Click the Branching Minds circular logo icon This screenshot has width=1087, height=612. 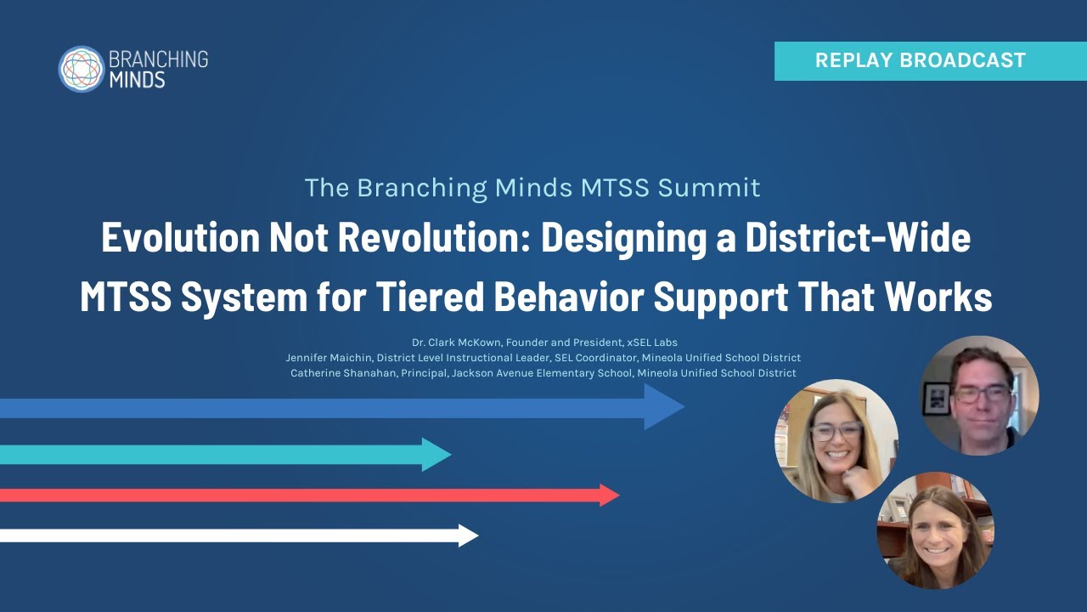click(x=81, y=69)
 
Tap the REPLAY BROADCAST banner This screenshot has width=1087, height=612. click(x=930, y=60)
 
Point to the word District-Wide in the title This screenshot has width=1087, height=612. click(x=858, y=238)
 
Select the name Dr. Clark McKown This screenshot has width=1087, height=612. click(x=457, y=343)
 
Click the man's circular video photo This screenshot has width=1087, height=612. click(x=979, y=395)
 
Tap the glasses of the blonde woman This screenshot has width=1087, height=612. click(x=836, y=431)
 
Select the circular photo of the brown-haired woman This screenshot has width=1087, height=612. click(x=935, y=530)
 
